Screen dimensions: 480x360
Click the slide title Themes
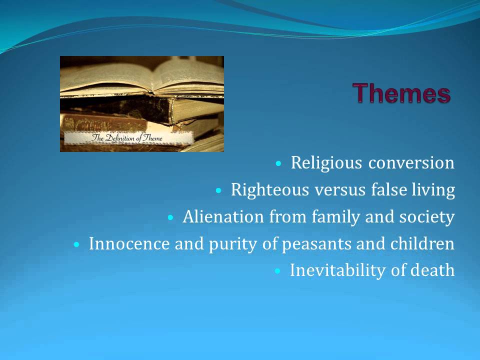click(x=401, y=93)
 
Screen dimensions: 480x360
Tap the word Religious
click(x=326, y=163)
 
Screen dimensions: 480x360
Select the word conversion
click(x=411, y=162)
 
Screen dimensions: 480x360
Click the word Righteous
click(x=269, y=190)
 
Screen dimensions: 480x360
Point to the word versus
click(x=340, y=190)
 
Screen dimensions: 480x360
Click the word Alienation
click(x=223, y=216)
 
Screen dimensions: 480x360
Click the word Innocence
click(x=129, y=243)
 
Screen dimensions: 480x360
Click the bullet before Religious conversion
click(x=278, y=163)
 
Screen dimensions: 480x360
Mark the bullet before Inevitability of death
click(x=277, y=271)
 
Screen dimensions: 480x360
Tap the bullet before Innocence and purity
click(x=76, y=244)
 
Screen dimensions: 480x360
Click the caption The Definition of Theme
click(x=126, y=138)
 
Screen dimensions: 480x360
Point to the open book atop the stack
click(x=142, y=77)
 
